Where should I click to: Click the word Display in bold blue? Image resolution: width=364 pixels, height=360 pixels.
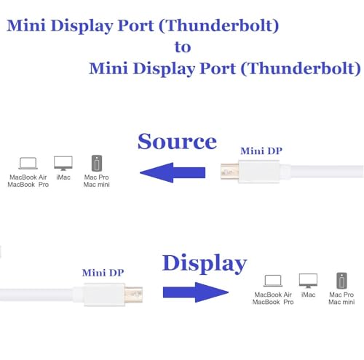204,263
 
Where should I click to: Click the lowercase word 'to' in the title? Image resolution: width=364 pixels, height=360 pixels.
182,47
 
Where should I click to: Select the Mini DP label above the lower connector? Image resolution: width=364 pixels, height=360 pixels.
102,272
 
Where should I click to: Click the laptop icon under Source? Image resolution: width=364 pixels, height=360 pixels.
28,163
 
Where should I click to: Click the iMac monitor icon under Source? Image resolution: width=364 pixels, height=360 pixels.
63,162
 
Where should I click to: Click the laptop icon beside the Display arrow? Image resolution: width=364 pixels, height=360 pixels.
273,281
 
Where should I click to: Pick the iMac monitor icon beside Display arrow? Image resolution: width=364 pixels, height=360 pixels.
308,281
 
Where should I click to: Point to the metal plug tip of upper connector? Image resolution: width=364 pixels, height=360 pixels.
228,173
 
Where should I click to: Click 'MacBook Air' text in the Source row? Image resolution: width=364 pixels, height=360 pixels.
28,177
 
